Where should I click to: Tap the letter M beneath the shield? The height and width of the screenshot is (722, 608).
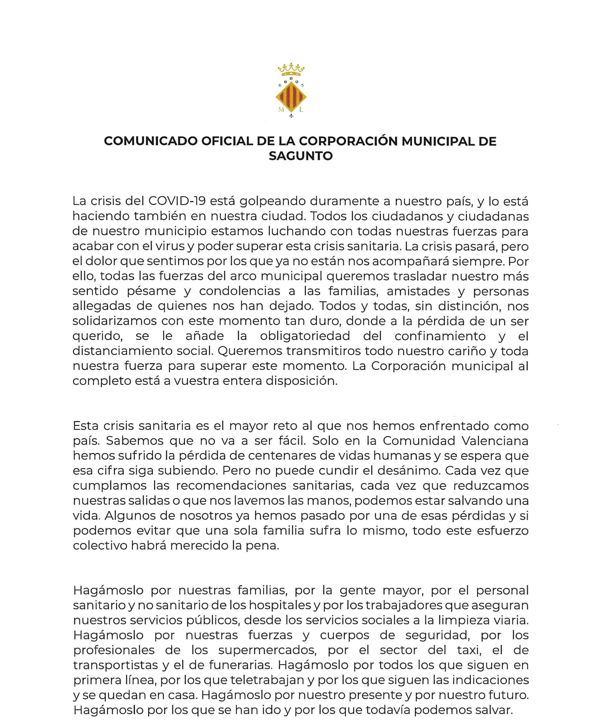[x=281, y=110]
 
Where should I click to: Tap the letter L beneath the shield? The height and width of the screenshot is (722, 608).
[x=301, y=110]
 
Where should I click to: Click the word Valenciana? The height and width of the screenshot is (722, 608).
[x=495, y=441]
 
